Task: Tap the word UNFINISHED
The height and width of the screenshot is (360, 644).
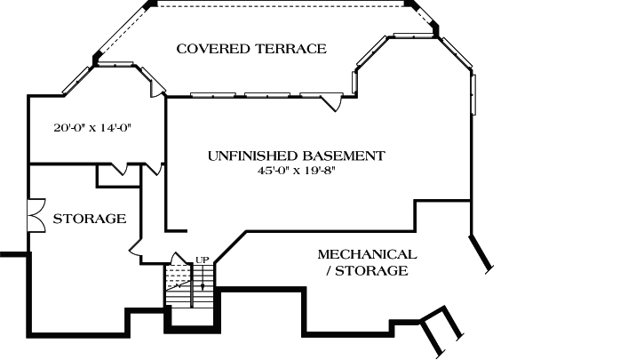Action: pos(251,156)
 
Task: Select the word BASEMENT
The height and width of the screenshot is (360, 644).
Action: pos(342,156)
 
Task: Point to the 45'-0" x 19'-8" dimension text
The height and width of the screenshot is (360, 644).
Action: pos(296,171)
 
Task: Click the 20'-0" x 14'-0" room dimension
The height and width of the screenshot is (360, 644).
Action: pos(92,127)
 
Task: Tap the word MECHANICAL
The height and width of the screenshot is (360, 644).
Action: pos(367,254)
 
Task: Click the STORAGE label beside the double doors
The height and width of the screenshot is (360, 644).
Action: pos(89,219)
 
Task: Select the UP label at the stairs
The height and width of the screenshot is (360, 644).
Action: pos(203,260)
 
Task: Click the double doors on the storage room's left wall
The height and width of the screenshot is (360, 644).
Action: pos(36,216)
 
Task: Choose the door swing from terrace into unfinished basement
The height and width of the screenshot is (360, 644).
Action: pos(334,101)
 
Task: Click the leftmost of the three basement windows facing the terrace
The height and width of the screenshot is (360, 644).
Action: pos(212,94)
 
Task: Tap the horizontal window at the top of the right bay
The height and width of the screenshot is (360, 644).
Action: pos(411,36)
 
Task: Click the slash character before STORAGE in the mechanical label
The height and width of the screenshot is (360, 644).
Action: pos(329,270)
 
